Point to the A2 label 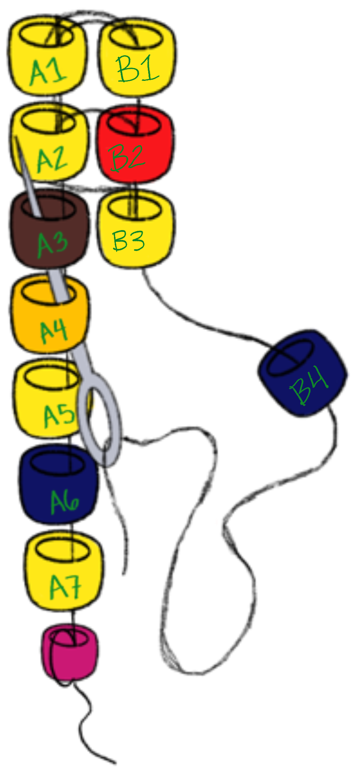pyautogui.click(x=52, y=160)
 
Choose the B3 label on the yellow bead pyautogui.click(x=128, y=241)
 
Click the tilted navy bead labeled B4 pyautogui.click(x=305, y=376)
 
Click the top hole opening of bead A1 pyautogui.click(x=46, y=35)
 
